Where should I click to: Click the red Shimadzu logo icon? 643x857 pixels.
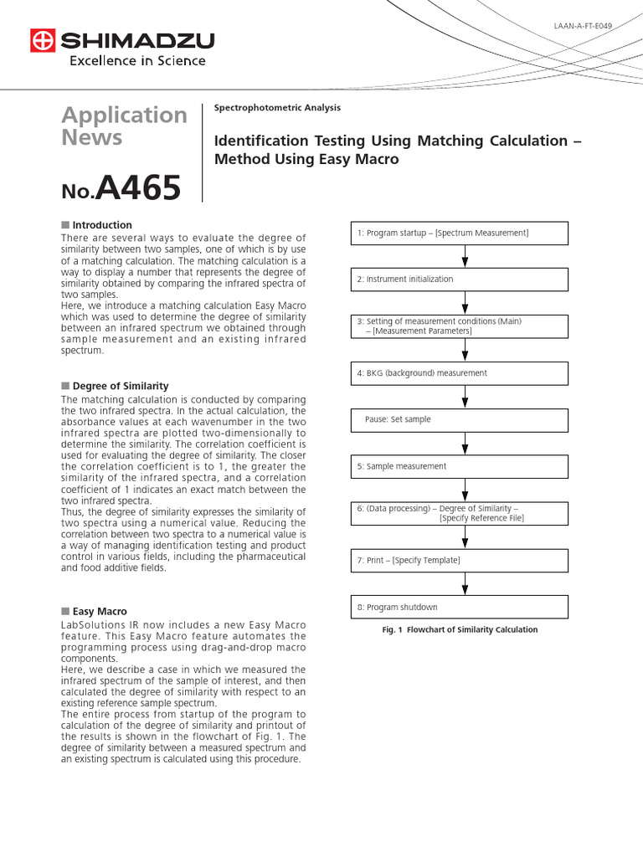click(x=42, y=40)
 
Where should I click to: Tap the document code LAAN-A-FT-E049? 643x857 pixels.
click(x=583, y=26)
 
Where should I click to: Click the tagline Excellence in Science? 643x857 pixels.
click(x=136, y=61)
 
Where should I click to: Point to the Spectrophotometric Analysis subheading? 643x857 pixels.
click(x=277, y=108)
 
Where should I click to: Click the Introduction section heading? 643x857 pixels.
click(x=101, y=225)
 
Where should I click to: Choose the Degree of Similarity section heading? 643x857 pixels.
click(x=120, y=386)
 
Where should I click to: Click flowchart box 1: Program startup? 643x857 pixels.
click(x=459, y=233)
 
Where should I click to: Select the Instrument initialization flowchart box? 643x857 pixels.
click(x=459, y=280)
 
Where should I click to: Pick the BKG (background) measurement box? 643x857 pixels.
click(x=459, y=373)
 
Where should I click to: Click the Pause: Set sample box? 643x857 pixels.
click(x=459, y=419)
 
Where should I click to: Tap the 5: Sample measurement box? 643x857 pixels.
click(x=459, y=466)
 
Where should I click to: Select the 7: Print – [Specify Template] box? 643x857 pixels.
click(x=459, y=560)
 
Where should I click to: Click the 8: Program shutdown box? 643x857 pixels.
click(x=459, y=607)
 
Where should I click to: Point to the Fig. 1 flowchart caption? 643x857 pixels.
click(x=460, y=630)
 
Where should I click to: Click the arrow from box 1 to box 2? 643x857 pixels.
click(x=466, y=256)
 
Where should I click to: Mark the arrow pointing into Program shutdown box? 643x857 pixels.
click(x=466, y=583)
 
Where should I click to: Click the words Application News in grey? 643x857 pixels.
click(x=124, y=126)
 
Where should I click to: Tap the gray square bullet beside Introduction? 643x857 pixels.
click(x=65, y=225)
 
